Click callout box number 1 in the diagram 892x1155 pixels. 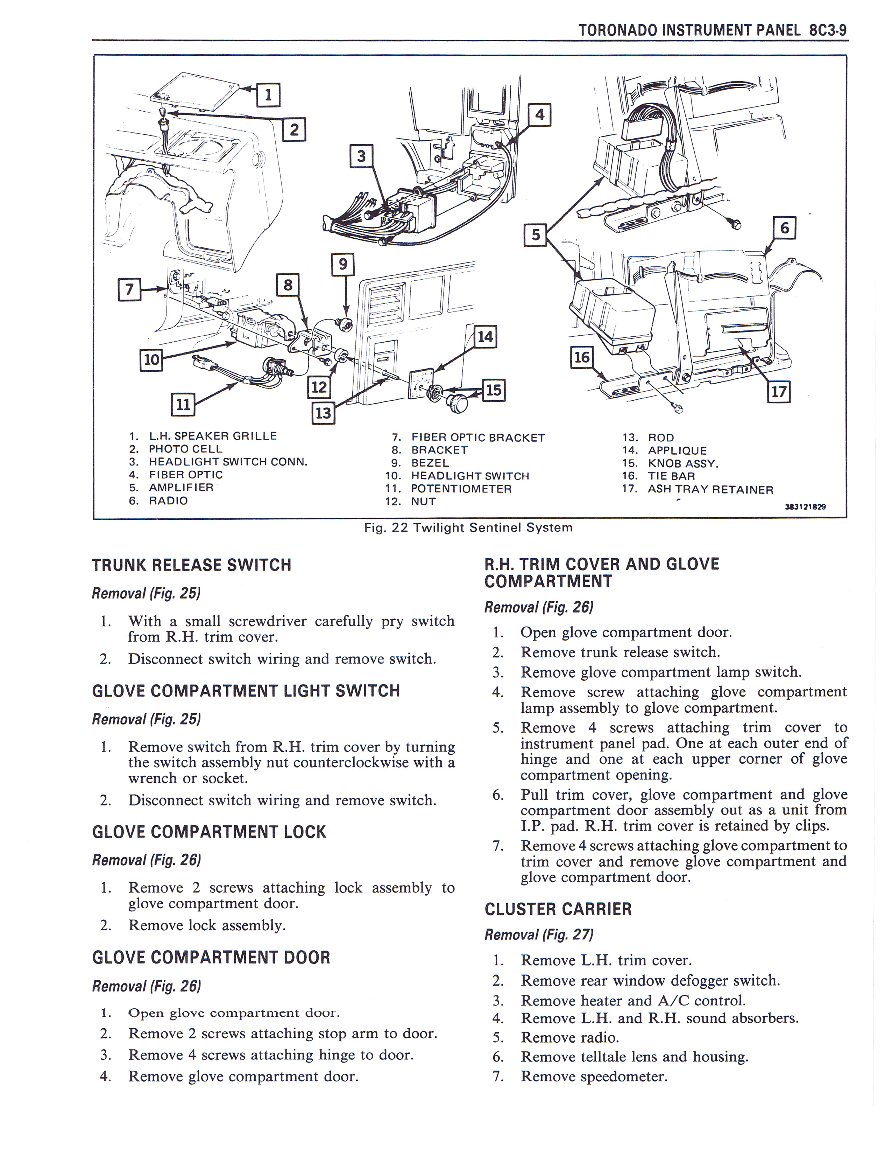point(268,95)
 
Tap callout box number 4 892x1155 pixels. point(539,115)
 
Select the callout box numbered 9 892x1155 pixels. point(342,263)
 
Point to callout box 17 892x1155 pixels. point(779,392)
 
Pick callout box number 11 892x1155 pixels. point(182,405)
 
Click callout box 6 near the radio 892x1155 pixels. point(784,228)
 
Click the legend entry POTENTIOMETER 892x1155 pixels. point(461,489)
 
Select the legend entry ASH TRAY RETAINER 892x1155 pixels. point(710,489)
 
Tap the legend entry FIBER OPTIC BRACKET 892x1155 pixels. point(478,437)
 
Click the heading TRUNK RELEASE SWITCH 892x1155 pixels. point(191,565)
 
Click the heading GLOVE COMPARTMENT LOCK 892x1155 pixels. point(209,832)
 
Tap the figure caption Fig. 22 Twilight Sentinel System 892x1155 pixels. point(468,527)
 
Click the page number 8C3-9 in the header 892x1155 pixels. point(827,30)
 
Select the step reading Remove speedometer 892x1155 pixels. point(594,1076)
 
